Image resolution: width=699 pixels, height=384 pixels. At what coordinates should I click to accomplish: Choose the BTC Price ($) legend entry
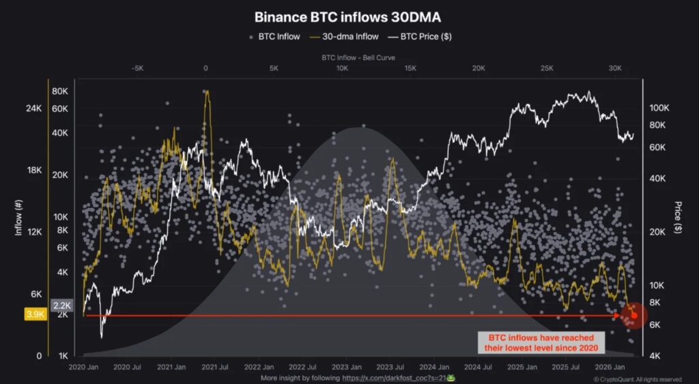coord(418,36)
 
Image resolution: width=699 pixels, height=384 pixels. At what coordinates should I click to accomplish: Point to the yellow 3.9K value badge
coord(35,314)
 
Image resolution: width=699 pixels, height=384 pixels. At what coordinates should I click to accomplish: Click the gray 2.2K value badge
coord(61,306)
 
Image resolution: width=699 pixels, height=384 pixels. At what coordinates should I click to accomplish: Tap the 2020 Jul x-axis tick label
coord(126,367)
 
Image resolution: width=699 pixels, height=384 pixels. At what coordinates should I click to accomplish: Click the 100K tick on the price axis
coord(659,108)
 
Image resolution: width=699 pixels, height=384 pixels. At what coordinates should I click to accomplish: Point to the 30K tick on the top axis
coord(615,68)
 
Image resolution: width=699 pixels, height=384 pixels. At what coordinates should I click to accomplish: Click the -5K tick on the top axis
coord(137,68)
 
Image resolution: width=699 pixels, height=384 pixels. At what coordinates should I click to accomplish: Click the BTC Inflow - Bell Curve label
coord(358,58)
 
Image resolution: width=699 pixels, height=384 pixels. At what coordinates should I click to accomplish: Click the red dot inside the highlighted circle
coord(634,315)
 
